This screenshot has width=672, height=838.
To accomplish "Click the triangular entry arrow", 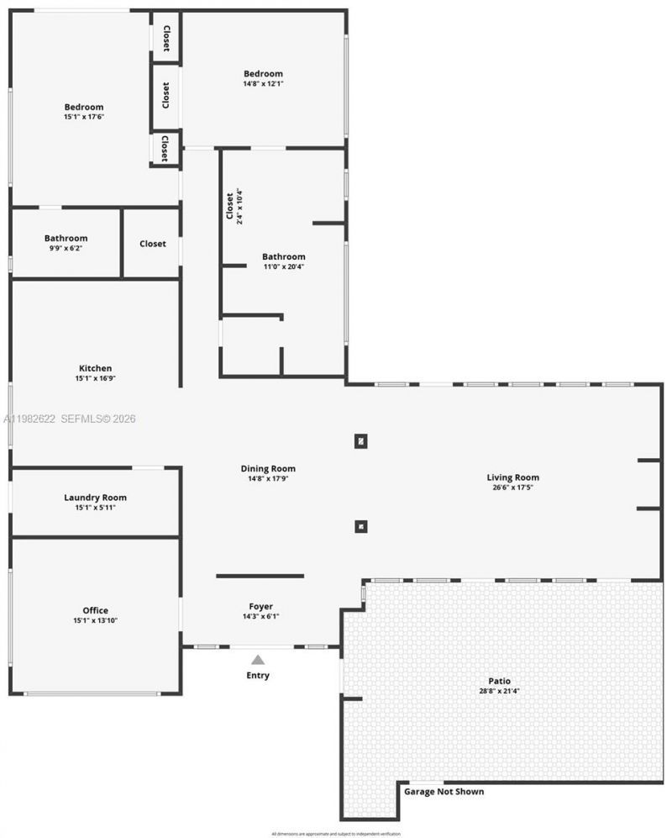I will (x=258, y=660).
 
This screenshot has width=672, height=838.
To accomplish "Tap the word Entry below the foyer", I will (x=258, y=675).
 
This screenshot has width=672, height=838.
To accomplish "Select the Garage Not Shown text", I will (x=444, y=792).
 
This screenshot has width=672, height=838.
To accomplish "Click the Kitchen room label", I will (x=95, y=368).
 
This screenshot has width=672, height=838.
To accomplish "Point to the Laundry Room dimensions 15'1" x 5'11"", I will (x=95, y=508).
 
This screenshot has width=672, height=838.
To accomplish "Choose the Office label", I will (x=95, y=610).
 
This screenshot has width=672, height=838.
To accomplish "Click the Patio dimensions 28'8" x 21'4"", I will (x=500, y=691).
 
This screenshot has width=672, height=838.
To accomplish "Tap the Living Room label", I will (x=512, y=477).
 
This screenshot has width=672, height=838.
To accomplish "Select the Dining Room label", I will (x=268, y=468).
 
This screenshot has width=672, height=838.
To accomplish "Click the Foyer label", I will (x=260, y=606).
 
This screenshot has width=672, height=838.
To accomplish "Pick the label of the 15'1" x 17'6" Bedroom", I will (x=84, y=107).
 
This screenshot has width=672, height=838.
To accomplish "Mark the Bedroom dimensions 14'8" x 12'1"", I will (x=263, y=84).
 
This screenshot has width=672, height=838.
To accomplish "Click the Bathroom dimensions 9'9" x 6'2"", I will (x=66, y=249).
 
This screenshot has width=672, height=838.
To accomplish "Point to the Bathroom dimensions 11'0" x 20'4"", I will (x=283, y=267).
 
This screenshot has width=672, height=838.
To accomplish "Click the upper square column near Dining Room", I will (x=360, y=440).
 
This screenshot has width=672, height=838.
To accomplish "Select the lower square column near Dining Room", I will (x=360, y=527).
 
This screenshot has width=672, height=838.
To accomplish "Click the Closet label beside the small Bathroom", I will (x=152, y=244).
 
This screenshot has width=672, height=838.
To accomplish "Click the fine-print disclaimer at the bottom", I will (x=336, y=833).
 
